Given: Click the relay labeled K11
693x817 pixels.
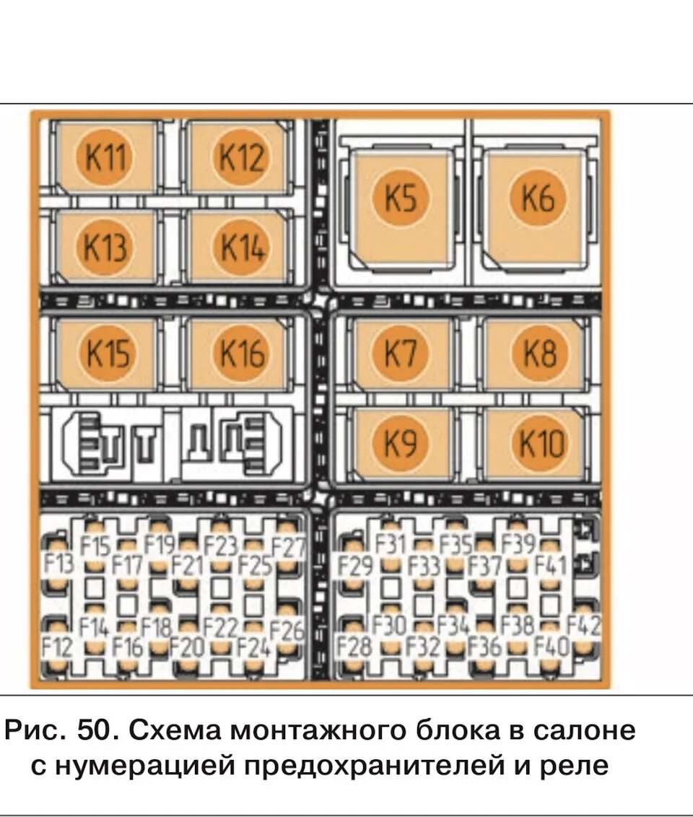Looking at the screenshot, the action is [105, 157].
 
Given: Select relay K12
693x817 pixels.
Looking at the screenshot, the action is [241, 157].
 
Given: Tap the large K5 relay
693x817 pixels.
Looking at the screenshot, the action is [401, 198].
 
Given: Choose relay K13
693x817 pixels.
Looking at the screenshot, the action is [105, 248].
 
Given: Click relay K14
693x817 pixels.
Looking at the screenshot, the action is [241, 248].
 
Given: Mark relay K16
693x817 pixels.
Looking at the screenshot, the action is [241, 354].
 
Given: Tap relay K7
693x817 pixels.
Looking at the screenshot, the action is [401, 354].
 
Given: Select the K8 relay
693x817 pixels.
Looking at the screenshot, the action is [539, 354].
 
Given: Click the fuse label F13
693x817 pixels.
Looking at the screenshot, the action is [58, 563].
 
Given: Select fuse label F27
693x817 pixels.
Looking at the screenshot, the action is [289, 548].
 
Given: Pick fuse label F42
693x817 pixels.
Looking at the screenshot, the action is [584, 626].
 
